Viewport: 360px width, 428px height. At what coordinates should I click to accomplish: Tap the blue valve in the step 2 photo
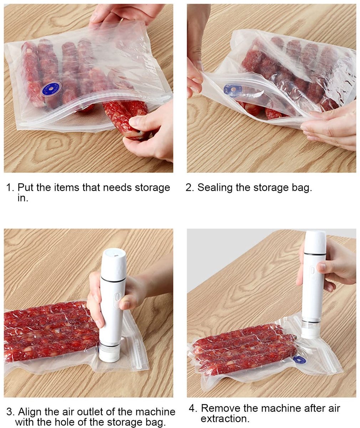pos(233,90)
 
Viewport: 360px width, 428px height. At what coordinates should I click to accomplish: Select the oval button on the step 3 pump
pos(117,297)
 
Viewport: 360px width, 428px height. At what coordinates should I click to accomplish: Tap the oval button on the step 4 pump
pos(312,270)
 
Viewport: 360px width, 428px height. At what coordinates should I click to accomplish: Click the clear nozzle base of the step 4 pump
pos(310,328)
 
